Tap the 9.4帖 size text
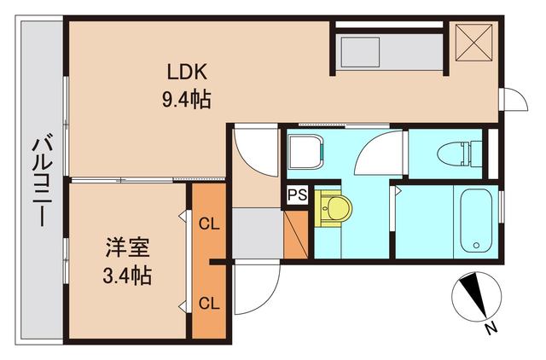[x=187, y=100]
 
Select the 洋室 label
[x=128, y=249]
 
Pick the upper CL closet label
[x=208, y=225]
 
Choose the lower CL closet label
[x=208, y=302]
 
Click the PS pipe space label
[x=296, y=195]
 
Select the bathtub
[x=474, y=222]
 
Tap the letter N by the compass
[x=491, y=328]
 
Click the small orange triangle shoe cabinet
[x=296, y=235]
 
